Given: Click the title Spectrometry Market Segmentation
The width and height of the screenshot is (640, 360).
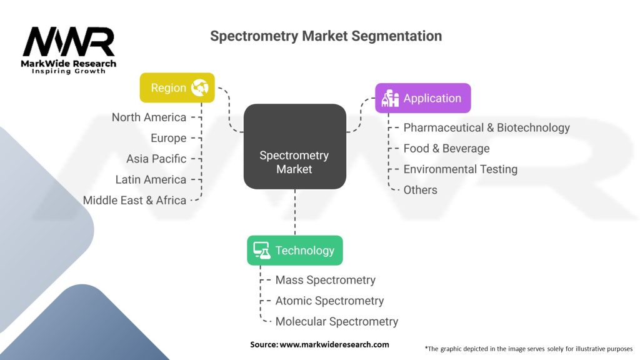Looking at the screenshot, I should coord(326,36).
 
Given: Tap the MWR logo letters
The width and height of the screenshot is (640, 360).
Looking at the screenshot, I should coord(69,42).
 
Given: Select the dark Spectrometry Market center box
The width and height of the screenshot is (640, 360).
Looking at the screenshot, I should coord(294,147).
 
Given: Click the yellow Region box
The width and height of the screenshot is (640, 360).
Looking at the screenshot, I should coord(177,88).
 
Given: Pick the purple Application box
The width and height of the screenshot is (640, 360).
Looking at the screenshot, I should coord(422,98).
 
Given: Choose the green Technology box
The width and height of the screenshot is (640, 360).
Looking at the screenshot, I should coord(294,251).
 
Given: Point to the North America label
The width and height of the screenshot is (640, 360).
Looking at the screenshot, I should coord(149,117).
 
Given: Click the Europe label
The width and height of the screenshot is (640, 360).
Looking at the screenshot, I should coord(168,138).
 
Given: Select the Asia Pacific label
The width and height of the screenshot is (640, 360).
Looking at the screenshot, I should coord(156,159).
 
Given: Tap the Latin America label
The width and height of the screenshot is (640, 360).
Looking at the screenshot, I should coord(151,179).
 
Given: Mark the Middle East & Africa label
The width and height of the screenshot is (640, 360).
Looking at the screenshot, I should coord(134,200).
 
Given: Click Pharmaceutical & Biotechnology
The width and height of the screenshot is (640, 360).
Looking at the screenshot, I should coord(486,127).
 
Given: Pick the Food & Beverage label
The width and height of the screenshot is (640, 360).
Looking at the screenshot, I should coord(446,148).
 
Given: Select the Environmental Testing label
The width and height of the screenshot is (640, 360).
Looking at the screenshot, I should coord(460,169).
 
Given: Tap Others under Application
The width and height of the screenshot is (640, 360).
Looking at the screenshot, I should coord(420,189).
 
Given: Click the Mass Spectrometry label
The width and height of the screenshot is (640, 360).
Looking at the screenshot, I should coord(325,280).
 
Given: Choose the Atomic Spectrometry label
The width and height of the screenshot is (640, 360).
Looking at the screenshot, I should coord(329,301).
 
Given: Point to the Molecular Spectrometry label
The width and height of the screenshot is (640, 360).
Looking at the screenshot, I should coord(336,321).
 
